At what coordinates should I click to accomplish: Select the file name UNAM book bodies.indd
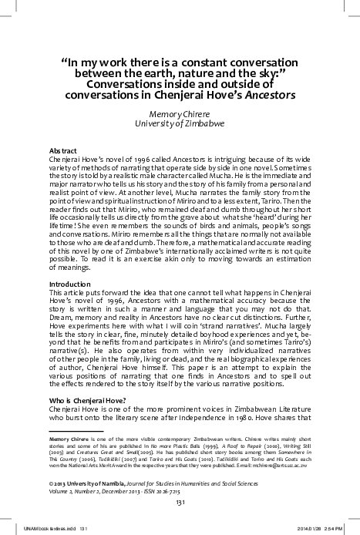pos(35,529)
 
